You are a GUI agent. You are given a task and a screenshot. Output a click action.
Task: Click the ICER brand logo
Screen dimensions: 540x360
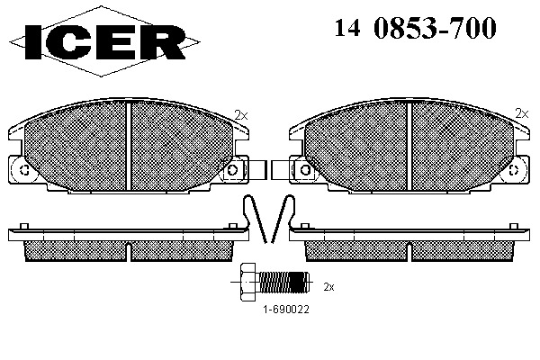[104, 41]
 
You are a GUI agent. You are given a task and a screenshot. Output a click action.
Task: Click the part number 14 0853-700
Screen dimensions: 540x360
[415, 28]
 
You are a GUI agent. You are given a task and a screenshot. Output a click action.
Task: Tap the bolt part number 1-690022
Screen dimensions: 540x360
[286, 309]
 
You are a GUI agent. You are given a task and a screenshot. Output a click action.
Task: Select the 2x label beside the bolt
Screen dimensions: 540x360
[328, 286]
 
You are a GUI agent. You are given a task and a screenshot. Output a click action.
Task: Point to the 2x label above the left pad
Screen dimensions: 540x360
[240, 114]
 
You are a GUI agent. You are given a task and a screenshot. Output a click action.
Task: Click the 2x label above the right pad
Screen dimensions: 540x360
[522, 113]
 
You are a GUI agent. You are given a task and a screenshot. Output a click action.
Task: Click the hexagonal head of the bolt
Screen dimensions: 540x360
[249, 282]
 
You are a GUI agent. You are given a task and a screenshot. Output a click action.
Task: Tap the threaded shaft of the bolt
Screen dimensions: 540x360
[283, 282]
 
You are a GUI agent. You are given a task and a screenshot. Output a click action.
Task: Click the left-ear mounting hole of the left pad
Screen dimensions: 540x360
[24, 170]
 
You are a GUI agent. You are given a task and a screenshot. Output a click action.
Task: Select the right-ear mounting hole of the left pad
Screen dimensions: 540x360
[232, 169]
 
